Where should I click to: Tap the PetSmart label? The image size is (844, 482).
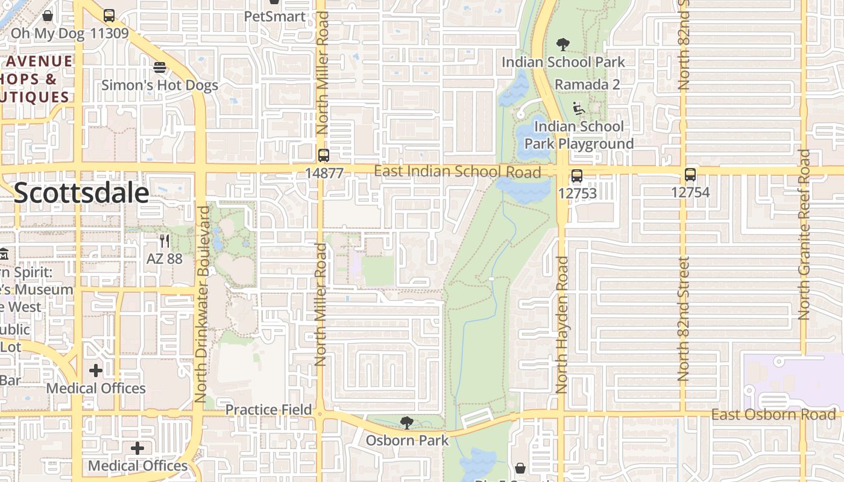(x=275, y=16)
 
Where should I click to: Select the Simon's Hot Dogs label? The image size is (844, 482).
(x=160, y=85)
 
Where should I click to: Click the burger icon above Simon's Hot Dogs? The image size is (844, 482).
(x=160, y=67)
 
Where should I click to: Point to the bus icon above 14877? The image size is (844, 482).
(x=324, y=155)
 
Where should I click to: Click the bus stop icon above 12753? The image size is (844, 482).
(x=577, y=176)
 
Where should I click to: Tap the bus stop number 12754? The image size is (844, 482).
(x=690, y=193)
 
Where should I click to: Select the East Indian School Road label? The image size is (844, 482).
(x=458, y=172)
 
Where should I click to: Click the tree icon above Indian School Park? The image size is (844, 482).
(x=563, y=45)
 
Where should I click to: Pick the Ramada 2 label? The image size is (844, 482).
(x=587, y=84)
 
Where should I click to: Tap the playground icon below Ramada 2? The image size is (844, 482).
(x=579, y=109)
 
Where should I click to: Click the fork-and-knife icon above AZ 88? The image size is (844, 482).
(x=165, y=242)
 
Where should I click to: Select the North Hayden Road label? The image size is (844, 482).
(x=562, y=325)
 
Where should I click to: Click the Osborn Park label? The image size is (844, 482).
(x=408, y=440)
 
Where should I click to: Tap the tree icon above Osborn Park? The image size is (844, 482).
(x=408, y=423)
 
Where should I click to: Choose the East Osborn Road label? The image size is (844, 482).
(x=773, y=415)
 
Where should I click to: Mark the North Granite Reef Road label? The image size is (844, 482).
(x=804, y=235)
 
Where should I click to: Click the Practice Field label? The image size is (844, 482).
(x=269, y=410)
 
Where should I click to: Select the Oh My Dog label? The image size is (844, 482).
(x=48, y=33)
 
